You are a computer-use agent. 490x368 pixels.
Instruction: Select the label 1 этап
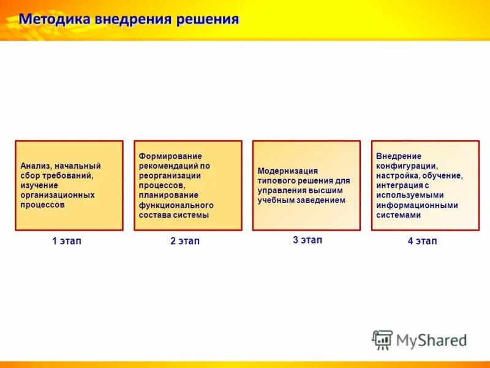pos(67,241)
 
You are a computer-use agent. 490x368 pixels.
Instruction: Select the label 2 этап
pos(185,241)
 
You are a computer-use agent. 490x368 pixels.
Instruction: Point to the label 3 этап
pos(307,240)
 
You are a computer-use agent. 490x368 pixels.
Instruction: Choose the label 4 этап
pos(423,241)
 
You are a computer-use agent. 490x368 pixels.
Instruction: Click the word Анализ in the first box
pos(35,166)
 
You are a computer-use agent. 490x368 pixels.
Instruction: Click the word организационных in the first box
pos(58,195)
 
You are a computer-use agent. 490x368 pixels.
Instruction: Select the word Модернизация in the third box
pos(288,171)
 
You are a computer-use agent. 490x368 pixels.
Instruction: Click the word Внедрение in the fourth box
pos(399,156)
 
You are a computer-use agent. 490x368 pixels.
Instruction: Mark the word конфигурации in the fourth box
pos(406,166)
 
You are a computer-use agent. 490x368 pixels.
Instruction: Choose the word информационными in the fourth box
pos(417,205)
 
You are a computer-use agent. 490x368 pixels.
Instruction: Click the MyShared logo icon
pos(382,339)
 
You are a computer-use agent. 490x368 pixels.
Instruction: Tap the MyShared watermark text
pos(431,340)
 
